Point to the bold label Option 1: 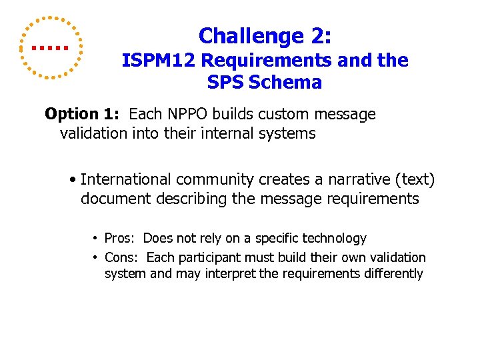point(84,114)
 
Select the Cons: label point(122,257)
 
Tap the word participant point(211,257)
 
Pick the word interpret point(231,273)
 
